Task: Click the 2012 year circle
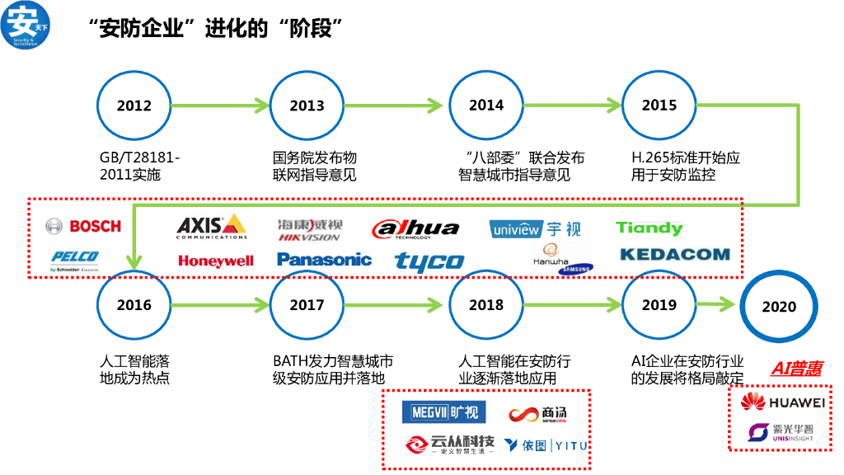(x=134, y=106)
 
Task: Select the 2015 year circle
(x=659, y=105)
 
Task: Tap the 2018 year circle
(x=485, y=304)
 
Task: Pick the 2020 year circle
(x=778, y=307)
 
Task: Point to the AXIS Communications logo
(x=212, y=226)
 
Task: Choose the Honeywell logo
(x=216, y=261)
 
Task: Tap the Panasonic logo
(x=324, y=260)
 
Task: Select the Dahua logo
(x=415, y=228)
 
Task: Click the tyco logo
(x=429, y=261)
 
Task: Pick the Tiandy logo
(x=649, y=228)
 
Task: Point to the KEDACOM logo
(x=674, y=255)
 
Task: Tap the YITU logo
(x=546, y=445)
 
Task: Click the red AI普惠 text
(x=796, y=369)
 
